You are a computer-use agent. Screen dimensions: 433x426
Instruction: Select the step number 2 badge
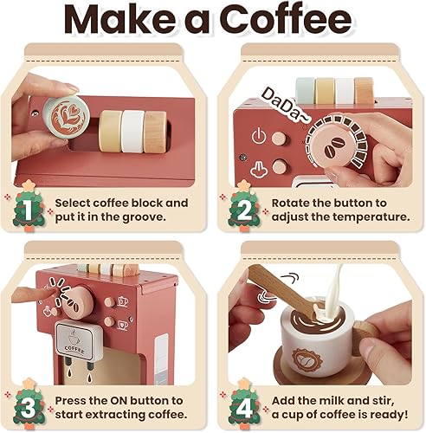tap(244, 209)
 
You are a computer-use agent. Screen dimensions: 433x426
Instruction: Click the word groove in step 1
tap(159, 216)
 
